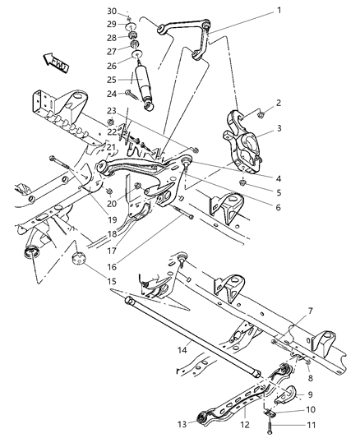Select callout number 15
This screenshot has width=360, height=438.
[113, 282]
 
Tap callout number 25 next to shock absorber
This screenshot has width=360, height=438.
[112, 80]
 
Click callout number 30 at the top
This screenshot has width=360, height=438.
[112, 10]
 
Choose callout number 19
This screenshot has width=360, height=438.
[113, 198]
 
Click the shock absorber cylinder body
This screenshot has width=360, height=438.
[143, 85]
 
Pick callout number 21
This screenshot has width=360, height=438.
[112, 147]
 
